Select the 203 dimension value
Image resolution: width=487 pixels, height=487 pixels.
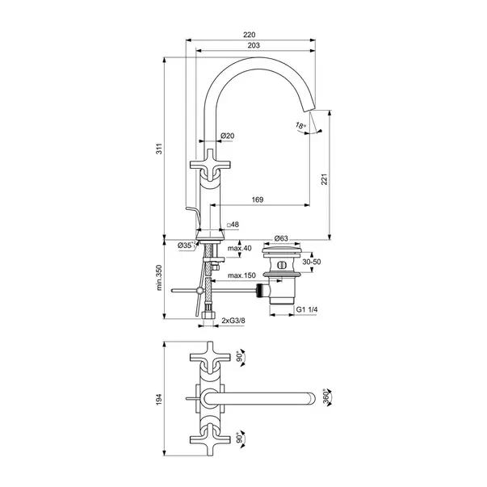coord(253,47)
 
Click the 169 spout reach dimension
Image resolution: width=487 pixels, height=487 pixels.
coord(258,199)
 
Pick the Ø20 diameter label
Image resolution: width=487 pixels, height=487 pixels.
coord(228,136)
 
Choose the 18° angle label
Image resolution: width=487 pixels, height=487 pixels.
coord(300,126)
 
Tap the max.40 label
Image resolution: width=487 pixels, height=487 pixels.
coord(240,249)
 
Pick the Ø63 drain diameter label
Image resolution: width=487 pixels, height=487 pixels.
coord(282,238)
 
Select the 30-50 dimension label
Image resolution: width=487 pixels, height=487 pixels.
coord(312,263)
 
